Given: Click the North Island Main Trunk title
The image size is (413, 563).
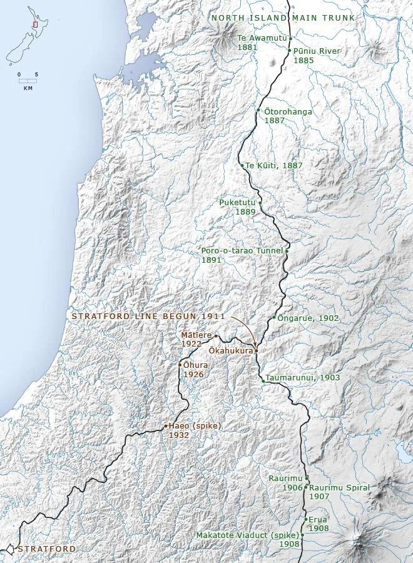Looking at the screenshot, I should click(283, 18).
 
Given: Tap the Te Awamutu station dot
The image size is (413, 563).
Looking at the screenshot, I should click(290, 38).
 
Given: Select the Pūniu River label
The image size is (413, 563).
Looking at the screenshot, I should click(317, 51).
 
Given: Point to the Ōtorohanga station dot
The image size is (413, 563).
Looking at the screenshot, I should click(258, 110).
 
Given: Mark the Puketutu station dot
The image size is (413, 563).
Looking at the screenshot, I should click(260, 203).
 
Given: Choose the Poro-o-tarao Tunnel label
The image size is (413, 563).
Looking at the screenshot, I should click(242, 251).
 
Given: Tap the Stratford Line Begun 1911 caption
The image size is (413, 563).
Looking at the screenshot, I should click(148, 317).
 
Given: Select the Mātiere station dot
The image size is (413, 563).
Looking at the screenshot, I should click(216, 335).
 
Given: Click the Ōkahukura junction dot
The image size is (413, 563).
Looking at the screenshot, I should click(256, 351).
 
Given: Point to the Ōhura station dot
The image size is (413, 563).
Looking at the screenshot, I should click(180, 365).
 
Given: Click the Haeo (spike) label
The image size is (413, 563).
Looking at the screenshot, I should click(195, 426).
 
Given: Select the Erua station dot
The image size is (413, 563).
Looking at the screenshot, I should click(305, 519).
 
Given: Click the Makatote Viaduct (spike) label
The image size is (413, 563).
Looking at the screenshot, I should click(247, 535).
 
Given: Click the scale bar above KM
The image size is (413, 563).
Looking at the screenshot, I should click(28, 81).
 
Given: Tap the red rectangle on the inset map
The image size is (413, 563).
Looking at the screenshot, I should click(35, 24).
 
